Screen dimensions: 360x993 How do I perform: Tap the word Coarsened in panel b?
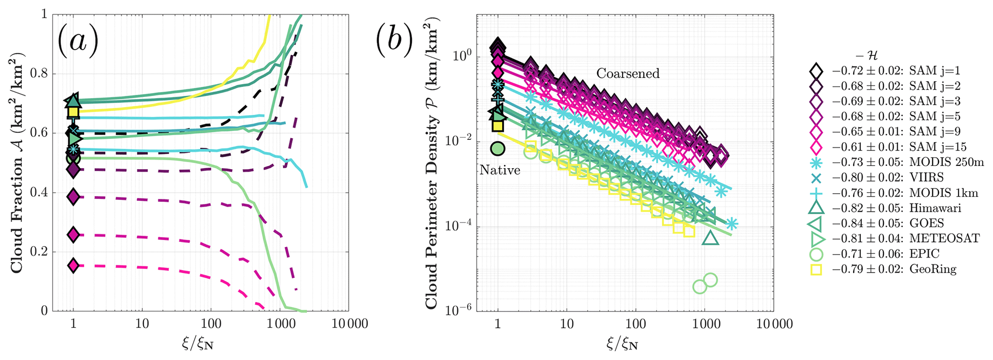tap(628, 74)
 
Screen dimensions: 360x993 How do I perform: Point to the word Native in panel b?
tap(500, 170)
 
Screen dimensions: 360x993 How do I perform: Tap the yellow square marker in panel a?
tap(73, 112)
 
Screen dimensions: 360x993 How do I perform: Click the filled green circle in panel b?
tap(498, 149)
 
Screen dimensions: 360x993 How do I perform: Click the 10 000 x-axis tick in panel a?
tap(348, 323)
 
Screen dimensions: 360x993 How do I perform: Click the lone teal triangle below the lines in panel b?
tap(710, 238)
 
